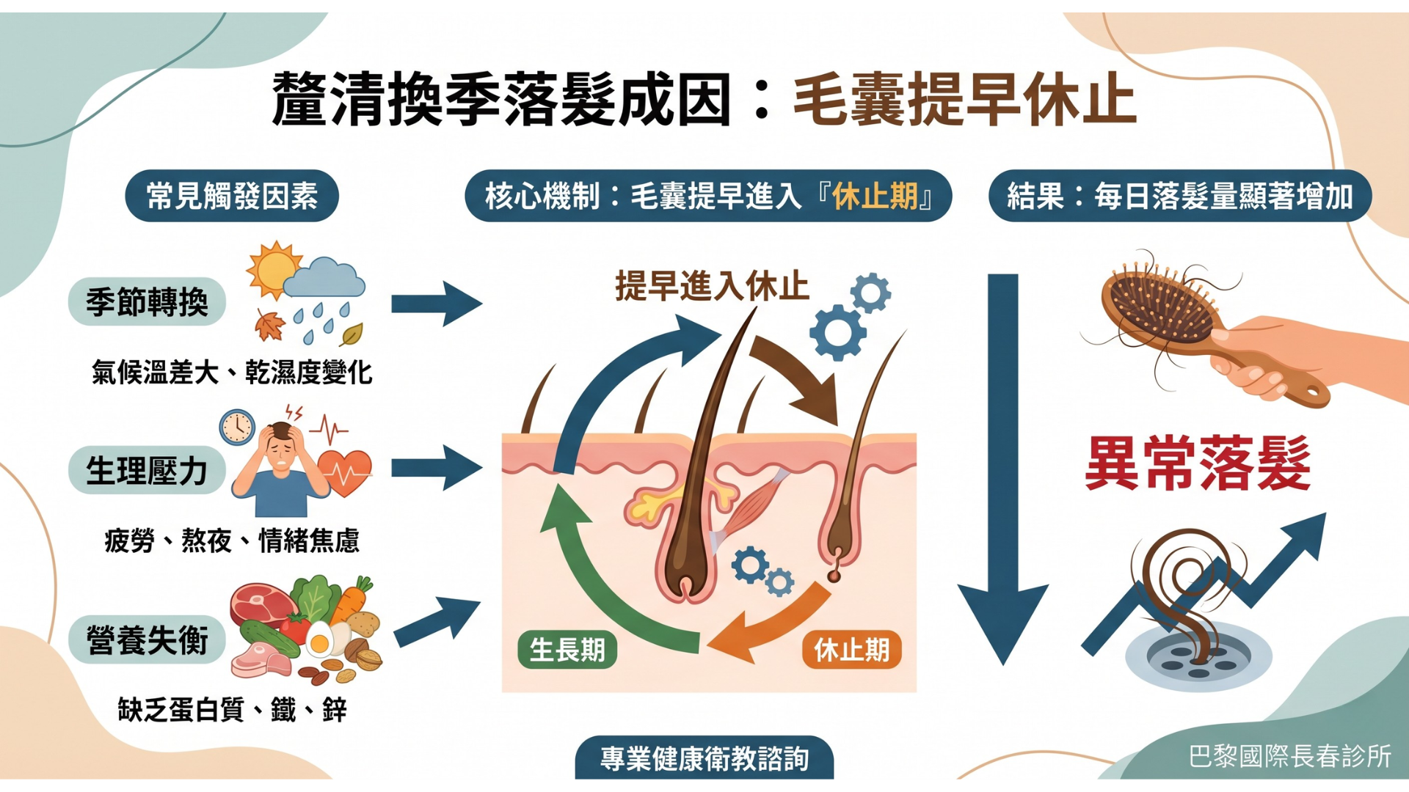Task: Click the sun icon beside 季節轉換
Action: coord(273,269)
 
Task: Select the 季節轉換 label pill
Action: coord(147,301)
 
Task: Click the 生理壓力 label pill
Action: coord(147,470)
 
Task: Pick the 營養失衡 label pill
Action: coord(147,639)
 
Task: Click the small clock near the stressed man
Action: coord(237,427)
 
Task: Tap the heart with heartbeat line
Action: coord(344,471)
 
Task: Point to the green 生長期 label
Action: coord(567,650)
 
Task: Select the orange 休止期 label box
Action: coord(851,650)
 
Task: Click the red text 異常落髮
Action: coord(1198,463)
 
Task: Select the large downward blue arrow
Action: coord(1002,469)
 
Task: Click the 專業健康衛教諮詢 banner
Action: coord(704,758)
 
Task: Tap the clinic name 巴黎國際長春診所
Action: coord(1289,756)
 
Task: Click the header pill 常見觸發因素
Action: coord(232,196)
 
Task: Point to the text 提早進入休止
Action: coord(712,286)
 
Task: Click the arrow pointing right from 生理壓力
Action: coord(436,468)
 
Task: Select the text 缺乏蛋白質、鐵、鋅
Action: coord(232,710)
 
